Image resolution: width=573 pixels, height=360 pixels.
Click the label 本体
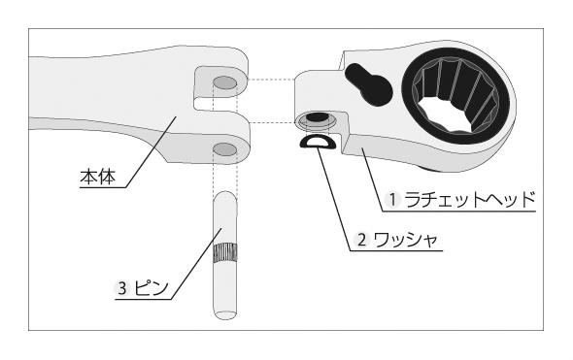tap(99, 178)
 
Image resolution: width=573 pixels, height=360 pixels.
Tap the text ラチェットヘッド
tap(469, 199)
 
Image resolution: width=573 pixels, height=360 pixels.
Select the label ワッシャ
tap(405, 239)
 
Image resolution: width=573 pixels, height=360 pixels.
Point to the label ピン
tap(152, 287)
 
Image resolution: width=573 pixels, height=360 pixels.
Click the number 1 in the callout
tap(393, 199)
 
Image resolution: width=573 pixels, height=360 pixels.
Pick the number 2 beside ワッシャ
tap(361, 239)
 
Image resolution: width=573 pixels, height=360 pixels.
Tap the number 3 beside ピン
tap(122, 287)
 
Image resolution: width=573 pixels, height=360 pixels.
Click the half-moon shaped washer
tap(317, 145)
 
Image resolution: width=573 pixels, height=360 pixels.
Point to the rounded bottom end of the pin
tap(225, 312)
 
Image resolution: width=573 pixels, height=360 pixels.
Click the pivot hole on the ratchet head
tap(316, 119)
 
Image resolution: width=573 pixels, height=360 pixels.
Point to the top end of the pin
tap(225, 197)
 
